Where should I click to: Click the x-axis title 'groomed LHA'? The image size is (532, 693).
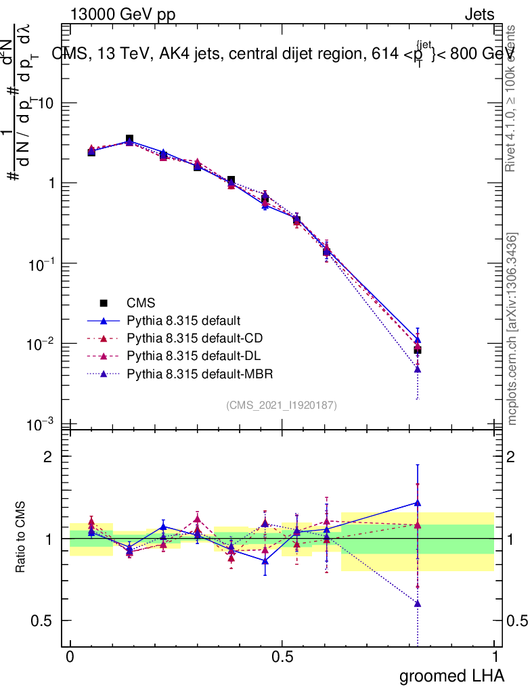point(451,675)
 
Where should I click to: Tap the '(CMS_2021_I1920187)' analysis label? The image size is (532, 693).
point(281,405)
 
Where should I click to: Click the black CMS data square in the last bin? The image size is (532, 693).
point(418,350)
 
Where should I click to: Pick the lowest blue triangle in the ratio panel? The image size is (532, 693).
point(418,603)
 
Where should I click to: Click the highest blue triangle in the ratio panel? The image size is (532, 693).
point(418,503)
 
